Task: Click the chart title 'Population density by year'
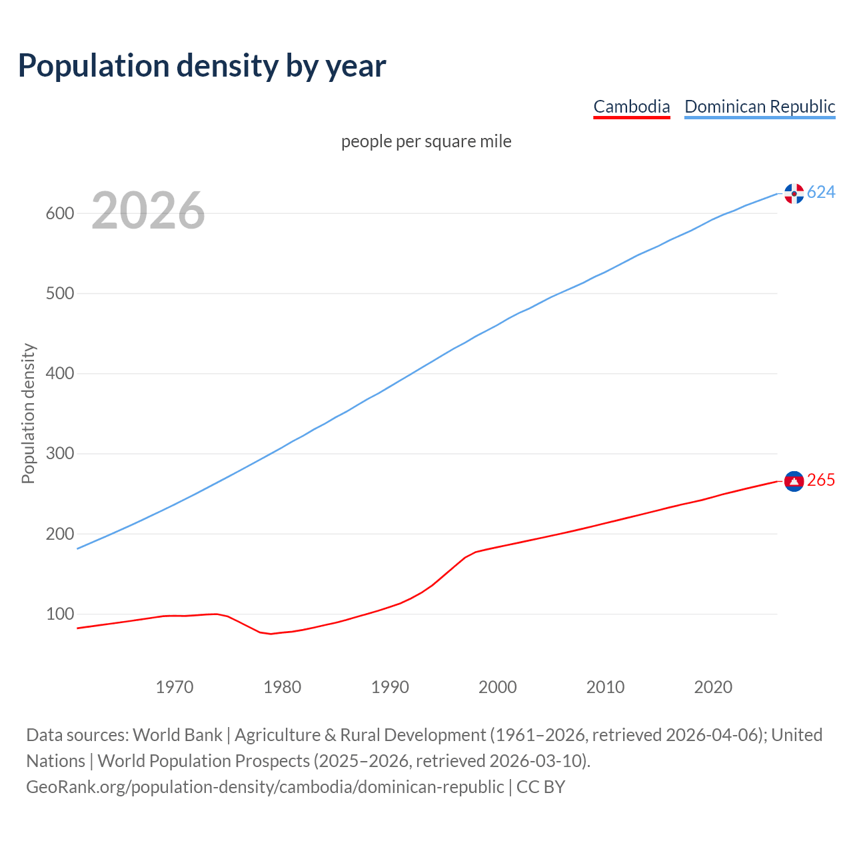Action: pos(202,66)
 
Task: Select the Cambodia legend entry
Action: pos(631,107)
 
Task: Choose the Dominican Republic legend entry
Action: pos(760,107)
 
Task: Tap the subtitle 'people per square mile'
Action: pos(426,142)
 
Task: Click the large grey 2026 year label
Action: pos(148,211)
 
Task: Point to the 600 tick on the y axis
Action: pos(59,214)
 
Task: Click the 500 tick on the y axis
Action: pos(59,294)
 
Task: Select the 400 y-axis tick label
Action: pos(59,374)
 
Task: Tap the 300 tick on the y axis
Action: pos(59,454)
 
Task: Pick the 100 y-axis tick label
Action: pos(59,614)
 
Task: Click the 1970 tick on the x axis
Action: pos(175,687)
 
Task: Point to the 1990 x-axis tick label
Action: pos(390,687)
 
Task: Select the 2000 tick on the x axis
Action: pos(498,687)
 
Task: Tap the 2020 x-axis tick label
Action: pos(713,687)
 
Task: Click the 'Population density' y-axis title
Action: pos(28,413)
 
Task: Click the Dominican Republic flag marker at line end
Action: pos(794,193)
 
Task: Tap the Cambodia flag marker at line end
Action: pos(794,481)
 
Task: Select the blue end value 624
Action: pos(821,193)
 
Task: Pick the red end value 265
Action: pos(821,480)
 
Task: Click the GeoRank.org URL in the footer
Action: pos(265,787)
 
